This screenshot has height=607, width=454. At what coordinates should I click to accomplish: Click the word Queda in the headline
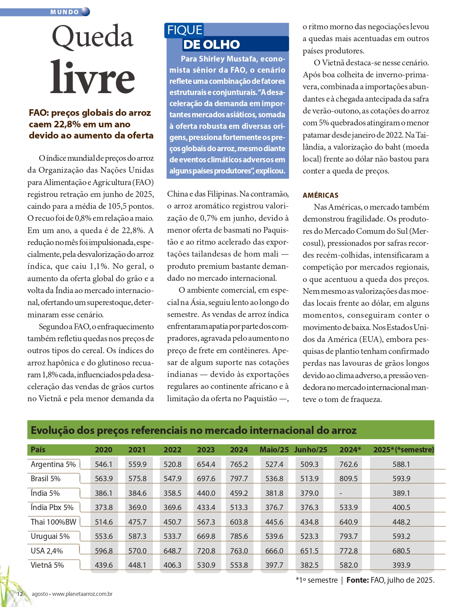pyautogui.click(x=93, y=37)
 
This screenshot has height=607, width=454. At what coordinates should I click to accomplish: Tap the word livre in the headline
pyautogui.click(x=93, y=77)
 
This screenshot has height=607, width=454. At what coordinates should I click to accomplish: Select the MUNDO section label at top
pyautogui.click(x=65, y=12)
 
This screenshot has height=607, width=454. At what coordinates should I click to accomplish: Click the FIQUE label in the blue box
pyautogui.click(x=185, y=30)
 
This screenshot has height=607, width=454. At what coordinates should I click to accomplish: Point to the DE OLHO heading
pyautogui.click(x=212, y=45)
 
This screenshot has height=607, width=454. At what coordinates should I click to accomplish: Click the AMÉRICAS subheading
pyautogui.click(x=320, y=195)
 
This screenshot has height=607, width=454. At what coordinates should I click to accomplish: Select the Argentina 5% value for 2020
pyautogui.click(x=104, y=464)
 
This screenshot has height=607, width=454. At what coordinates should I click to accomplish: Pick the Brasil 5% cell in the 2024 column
pyautogui.click(x=239, y=479)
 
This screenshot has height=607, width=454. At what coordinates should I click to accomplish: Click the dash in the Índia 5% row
pyautogui.click(x=341, y=493)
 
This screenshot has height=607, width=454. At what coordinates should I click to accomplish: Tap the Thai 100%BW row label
pyautogui.click(x=53, y=522)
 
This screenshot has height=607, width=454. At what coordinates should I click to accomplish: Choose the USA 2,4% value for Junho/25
pyautogui.click(x=309, y=551)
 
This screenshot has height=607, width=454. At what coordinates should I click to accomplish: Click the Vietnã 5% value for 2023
pyautogui.click(x=206, y=565)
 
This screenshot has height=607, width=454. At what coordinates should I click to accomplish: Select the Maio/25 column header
pyautogui.click(x=274, y=450)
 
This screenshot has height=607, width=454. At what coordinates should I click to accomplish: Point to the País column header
pyautogui.click(x=38, y=450)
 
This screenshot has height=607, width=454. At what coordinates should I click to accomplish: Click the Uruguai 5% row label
pyautogui.click(x=50, y=536)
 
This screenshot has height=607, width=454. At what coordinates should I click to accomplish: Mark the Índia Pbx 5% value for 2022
pyautogui.click(x=172, y=507)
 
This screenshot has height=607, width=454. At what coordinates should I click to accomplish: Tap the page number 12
pyautogui.click(x=20, y=594)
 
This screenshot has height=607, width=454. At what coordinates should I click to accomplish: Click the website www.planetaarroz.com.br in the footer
pyautogui.click(x=82, y=594)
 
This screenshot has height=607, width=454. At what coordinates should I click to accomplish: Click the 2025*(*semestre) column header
pyautogui.click(x=403, y=450)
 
